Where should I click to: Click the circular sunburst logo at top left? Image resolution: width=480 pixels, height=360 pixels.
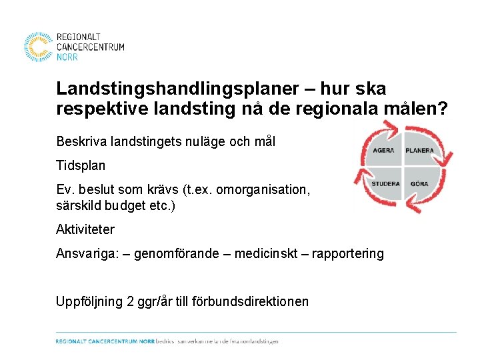click(39, 47)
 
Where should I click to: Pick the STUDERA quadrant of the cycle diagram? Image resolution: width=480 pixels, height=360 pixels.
click(385, 183)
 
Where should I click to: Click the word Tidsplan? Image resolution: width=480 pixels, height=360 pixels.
click(81, 165)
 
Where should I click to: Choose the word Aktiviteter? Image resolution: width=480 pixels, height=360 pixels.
click(85, 229)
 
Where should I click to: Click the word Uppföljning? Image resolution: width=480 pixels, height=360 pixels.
click(89, 301)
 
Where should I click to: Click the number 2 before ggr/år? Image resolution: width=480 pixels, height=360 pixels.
click(129, 301)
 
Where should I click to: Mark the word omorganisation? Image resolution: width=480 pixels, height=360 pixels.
click(263, 190)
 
